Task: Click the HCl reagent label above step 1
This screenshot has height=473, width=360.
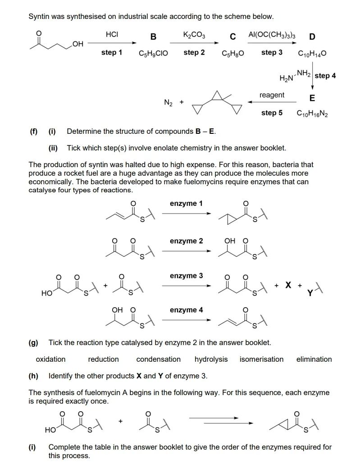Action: [111, 35]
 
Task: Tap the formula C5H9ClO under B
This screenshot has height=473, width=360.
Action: [153, 53]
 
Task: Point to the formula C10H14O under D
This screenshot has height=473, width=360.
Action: [312, 53]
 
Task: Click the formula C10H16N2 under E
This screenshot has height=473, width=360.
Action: [312, 113]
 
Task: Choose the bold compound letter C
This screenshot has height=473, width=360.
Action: [232, 36]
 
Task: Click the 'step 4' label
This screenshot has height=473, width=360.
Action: [325, 76]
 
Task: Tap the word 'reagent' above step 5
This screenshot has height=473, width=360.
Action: [272, 95]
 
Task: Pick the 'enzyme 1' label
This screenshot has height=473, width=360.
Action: [186, 204]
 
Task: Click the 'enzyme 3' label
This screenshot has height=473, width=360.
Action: [186, 276]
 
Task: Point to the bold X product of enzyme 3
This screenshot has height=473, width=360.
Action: [287, 285]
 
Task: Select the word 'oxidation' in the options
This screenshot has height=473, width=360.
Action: [50, 359]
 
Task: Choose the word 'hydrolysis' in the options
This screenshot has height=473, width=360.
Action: [211, 359]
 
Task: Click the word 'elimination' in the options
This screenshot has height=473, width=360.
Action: [314, 359]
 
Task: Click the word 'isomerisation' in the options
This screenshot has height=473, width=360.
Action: [261, 359]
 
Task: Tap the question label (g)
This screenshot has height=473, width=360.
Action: [33, 343]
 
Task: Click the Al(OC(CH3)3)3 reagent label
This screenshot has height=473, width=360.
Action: [272, 35]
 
